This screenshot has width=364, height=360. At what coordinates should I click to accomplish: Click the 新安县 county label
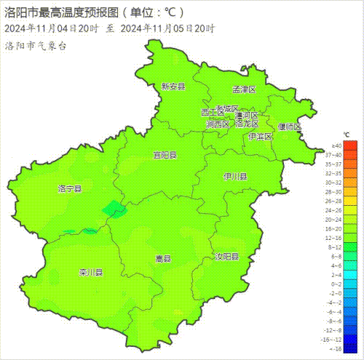click(173, 87)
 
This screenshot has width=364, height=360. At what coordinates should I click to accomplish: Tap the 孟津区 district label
click(245, 89)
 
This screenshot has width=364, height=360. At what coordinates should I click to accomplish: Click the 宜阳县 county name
click(165, 155)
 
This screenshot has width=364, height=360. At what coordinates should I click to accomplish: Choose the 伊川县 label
click(235, 176)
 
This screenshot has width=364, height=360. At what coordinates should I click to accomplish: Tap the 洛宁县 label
click(70, 188)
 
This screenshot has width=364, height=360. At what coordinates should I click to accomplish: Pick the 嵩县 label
click(163, 258)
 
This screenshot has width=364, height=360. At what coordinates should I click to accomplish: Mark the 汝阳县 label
click(226, 257)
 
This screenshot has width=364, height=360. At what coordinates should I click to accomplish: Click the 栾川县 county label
click(91, 273)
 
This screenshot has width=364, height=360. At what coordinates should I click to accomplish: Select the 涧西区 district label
click(217, 124)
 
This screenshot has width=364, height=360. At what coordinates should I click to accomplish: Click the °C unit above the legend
click(347, 135)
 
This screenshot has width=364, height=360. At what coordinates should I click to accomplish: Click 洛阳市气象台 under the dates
click(36, 45)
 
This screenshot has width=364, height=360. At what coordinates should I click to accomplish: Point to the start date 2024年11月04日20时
click(51, 28)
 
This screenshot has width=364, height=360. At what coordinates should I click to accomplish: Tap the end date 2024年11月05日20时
click(167, 28)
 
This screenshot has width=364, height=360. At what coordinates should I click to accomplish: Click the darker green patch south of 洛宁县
click(114, 209)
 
